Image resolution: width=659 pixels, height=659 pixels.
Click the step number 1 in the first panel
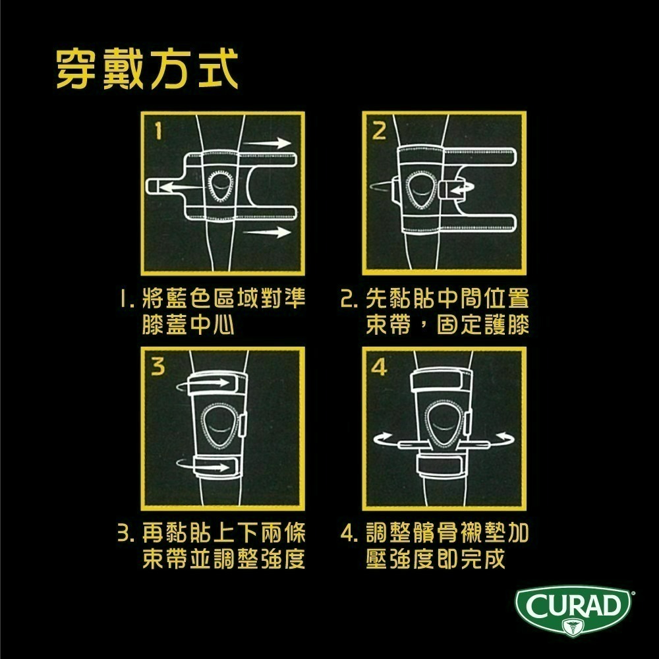157,132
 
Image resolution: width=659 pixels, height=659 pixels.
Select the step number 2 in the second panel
378,132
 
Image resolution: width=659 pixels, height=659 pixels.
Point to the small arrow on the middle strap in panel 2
461,188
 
